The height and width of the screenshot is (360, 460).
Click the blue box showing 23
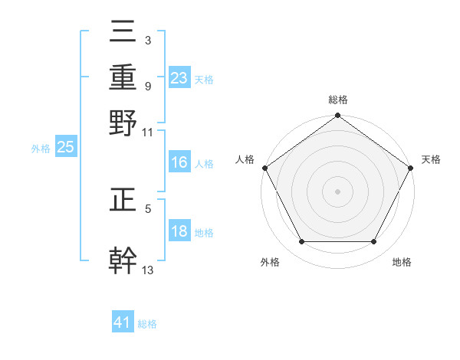(179, 78)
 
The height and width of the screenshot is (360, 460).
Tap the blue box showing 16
(179, 162)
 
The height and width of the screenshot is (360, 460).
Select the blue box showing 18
(179, 232)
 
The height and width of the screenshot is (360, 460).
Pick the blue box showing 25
(65, 148)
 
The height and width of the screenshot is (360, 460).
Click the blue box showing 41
(123, 323)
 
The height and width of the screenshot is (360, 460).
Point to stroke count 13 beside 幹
(148, 269)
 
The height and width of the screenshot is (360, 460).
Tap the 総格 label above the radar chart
(337, 100)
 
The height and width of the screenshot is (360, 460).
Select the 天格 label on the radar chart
(432, 159)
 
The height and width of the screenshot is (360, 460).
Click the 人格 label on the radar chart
(245, 159)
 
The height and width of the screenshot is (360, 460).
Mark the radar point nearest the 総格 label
(337, 116)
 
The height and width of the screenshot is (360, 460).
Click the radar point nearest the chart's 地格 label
(374, 242)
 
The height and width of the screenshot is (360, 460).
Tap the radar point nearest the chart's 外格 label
(301, 242)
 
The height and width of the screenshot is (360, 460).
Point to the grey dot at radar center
(337, 191)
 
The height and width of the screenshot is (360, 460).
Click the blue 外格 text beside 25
(40, 149)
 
